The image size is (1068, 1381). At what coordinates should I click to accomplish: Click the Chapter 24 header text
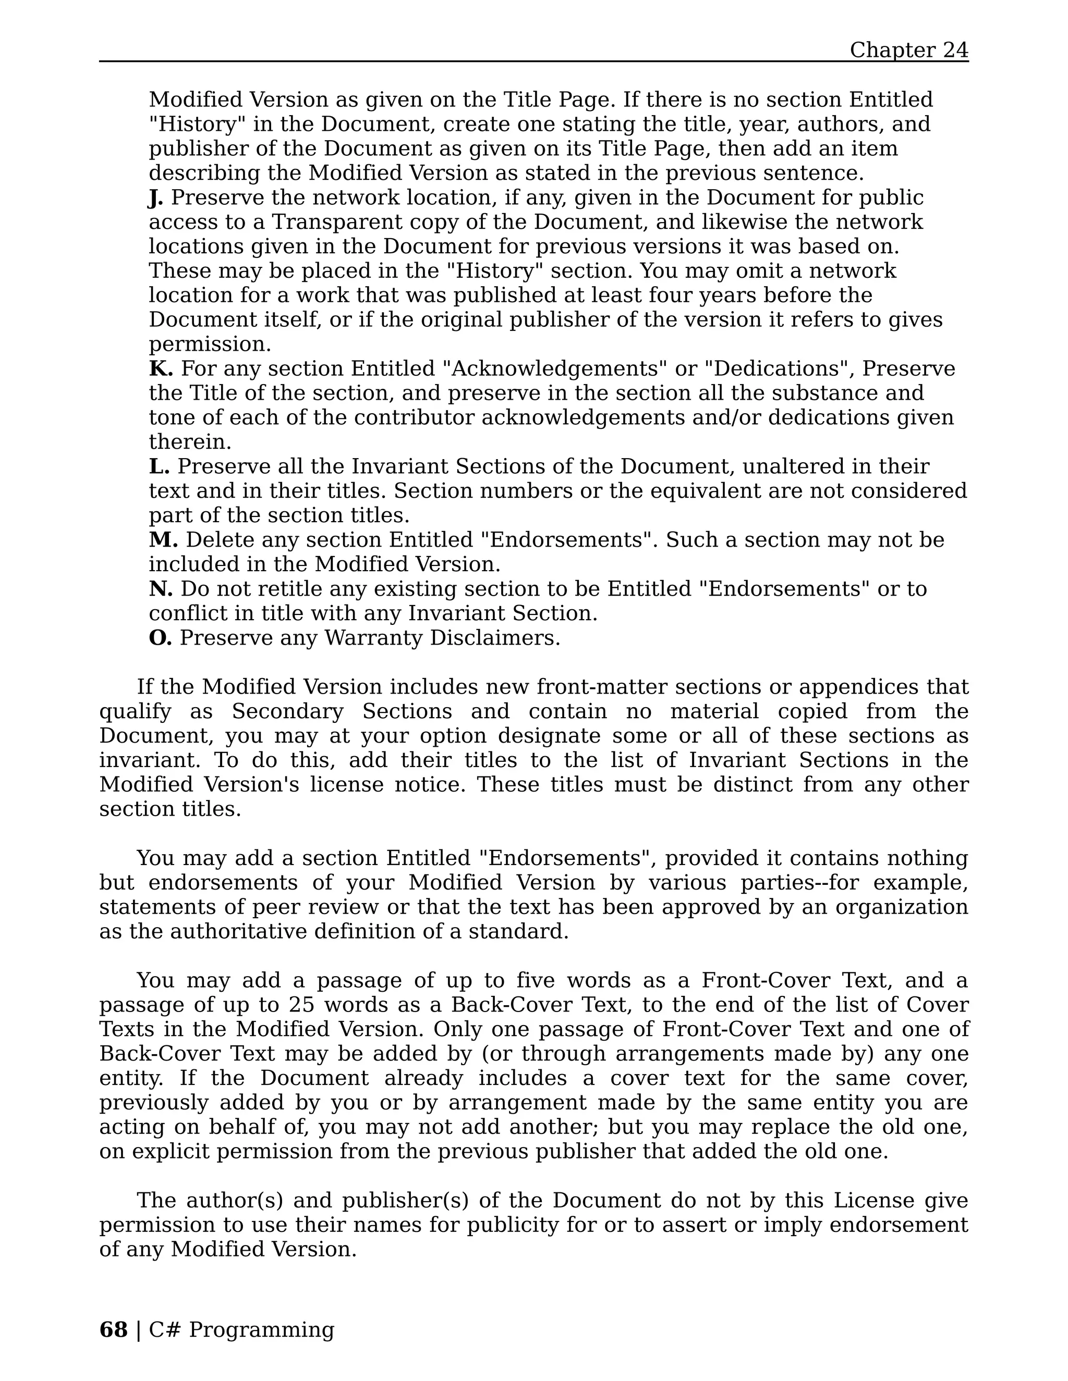908,50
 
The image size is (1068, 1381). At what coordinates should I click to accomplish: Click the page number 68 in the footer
113,1329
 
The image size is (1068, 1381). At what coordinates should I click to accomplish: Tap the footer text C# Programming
241,1329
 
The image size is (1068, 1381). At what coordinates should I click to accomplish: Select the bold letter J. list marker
155,198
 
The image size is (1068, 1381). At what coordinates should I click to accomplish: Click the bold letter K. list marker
161,368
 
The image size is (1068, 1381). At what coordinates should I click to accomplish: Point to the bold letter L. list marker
160,466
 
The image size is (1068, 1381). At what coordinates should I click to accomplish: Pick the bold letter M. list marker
163,540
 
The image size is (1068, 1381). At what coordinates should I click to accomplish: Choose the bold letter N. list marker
161,589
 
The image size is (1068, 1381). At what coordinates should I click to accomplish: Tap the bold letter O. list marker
160,638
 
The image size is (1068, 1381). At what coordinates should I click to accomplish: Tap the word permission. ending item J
210,344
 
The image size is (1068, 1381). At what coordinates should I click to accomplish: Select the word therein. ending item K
190,442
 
